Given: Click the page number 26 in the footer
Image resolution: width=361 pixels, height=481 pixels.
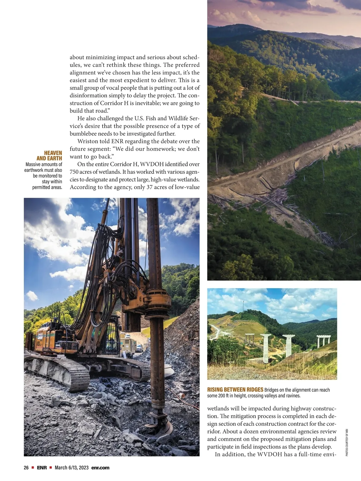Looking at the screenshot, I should [26, 467].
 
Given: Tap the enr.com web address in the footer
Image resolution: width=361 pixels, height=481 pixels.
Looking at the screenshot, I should [100, 467].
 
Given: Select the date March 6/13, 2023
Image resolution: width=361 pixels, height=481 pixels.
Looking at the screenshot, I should [72, 467].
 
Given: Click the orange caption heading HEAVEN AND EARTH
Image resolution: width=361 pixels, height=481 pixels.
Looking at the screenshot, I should [49, 155].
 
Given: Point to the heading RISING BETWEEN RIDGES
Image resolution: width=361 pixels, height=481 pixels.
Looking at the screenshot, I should [235, 390].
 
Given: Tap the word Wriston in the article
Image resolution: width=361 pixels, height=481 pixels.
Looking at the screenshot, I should [88, 141].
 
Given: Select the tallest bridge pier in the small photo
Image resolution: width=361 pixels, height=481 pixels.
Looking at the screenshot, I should [266, 349].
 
